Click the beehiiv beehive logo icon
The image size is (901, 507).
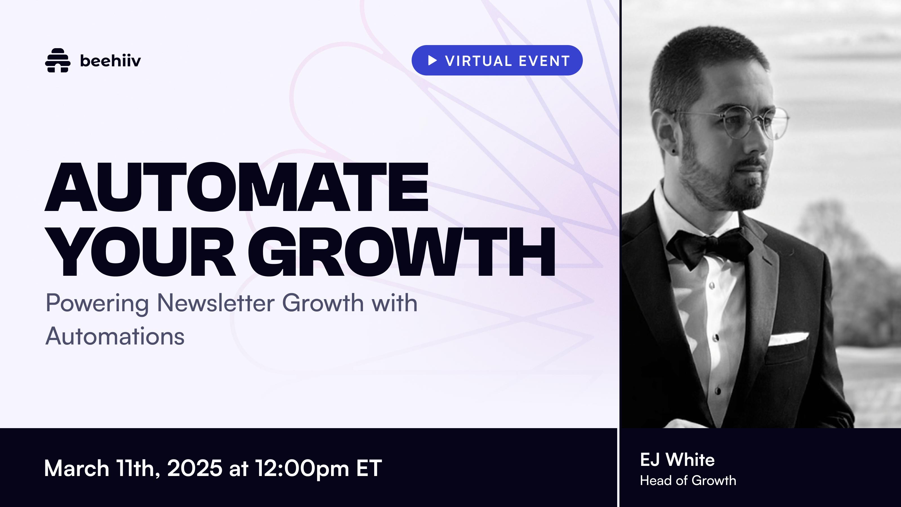58,60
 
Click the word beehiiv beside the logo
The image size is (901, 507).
111,61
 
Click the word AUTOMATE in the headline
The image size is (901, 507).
237,187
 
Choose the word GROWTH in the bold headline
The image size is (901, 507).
402,252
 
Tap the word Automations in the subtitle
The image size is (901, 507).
115,336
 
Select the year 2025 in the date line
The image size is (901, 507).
195,468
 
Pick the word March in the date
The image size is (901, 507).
77,468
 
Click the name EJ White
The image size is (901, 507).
677,459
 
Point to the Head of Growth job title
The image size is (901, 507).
688,481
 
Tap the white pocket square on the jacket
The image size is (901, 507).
788,338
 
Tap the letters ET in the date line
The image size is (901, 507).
369,468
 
